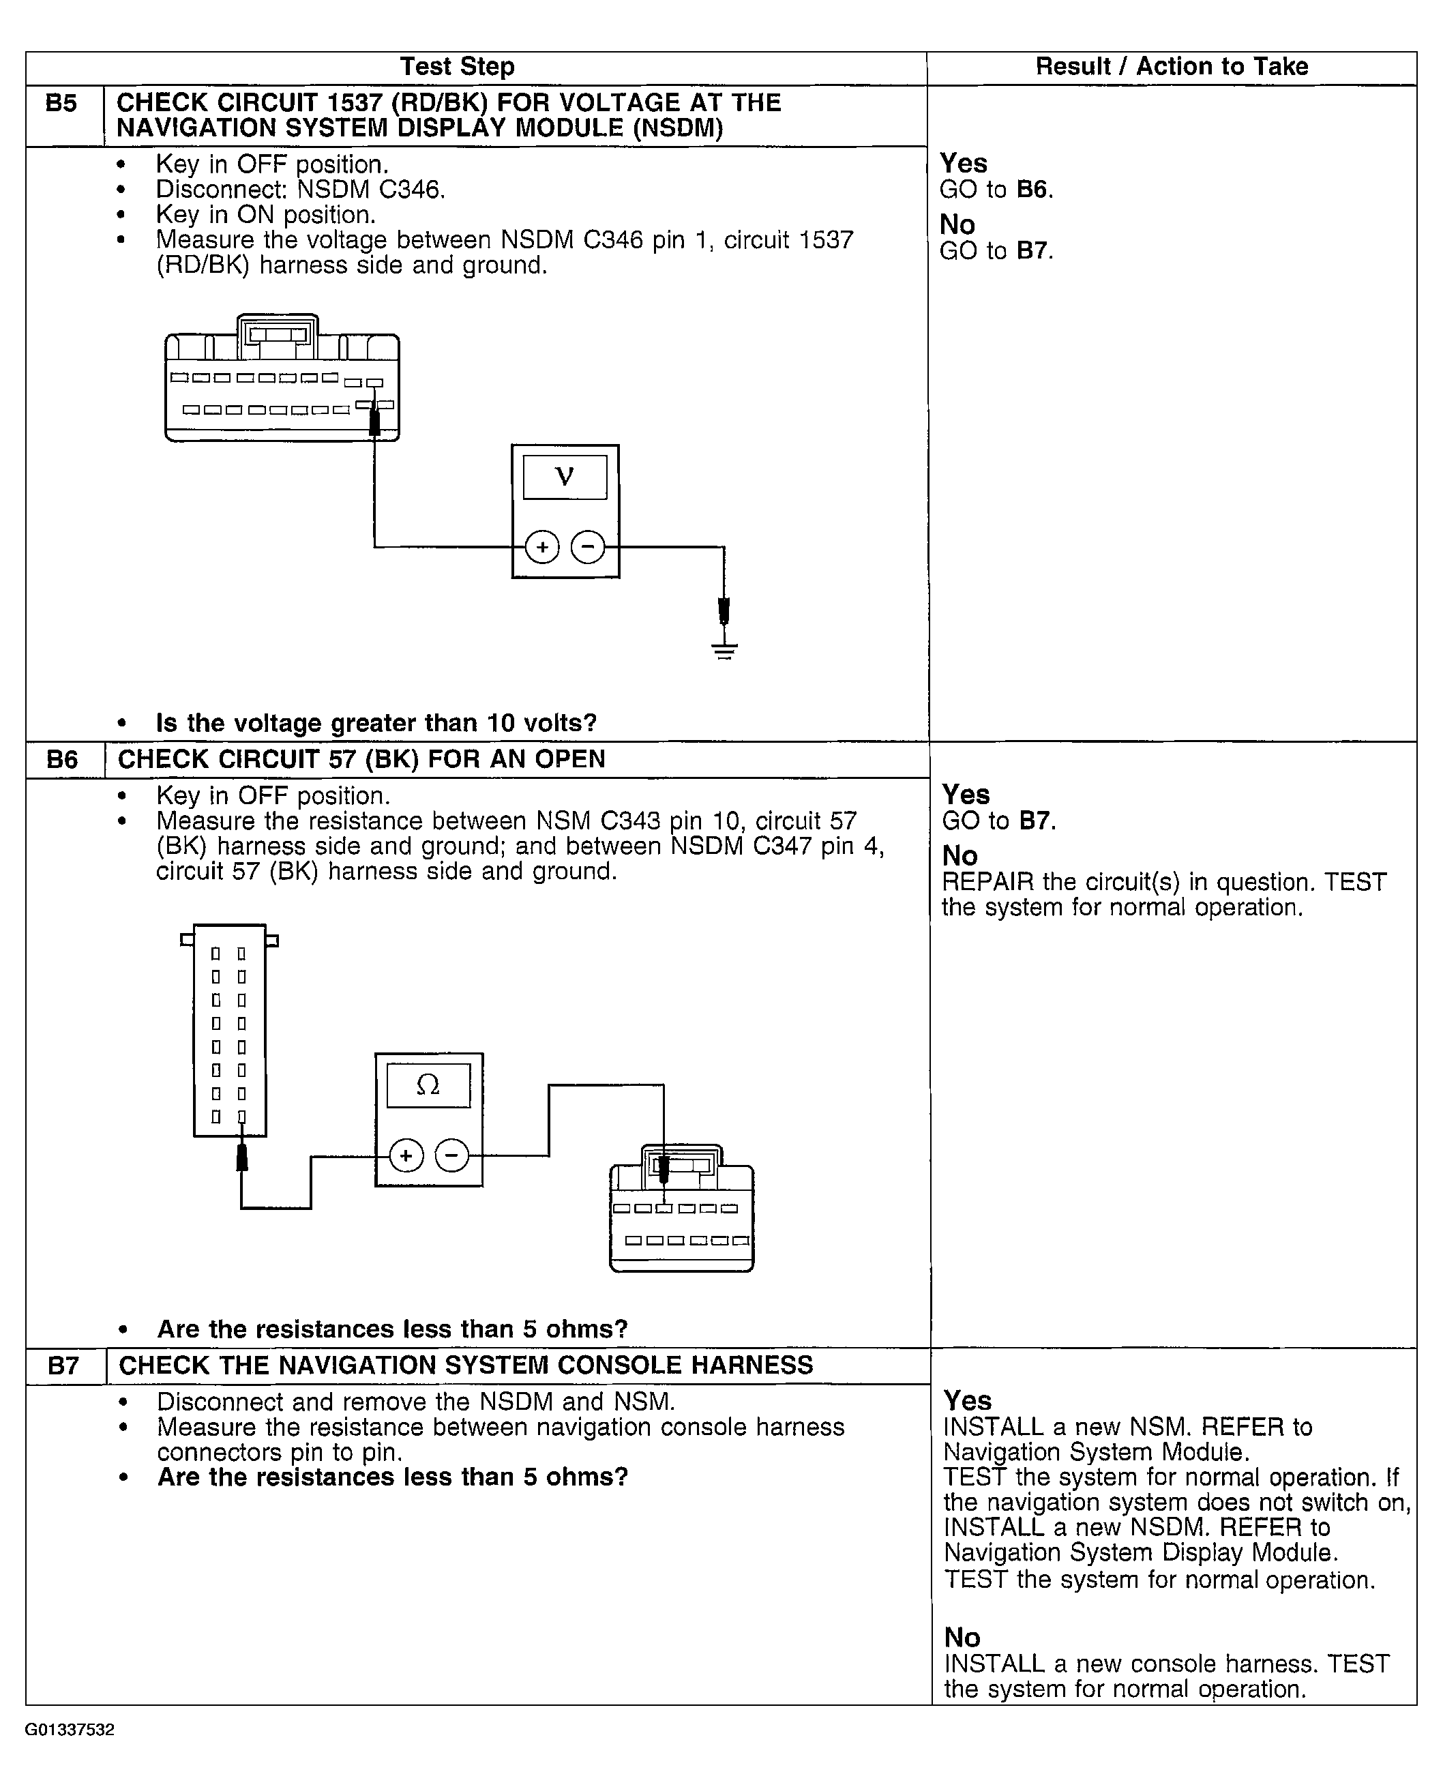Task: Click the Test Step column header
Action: click(x=457, y=66)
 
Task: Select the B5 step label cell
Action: click(x=61, y=104)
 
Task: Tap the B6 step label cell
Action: click(x=62, y=760)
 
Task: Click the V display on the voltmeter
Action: click(x=565, y=476)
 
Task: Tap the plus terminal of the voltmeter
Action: click(x=543, y=547)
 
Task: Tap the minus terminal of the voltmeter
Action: click(x=588, y=547)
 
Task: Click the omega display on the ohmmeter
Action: click(x=428, y=1084)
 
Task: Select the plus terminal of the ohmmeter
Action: click(x=406, y=1155)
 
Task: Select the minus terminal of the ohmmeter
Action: click(x=451, y=1155)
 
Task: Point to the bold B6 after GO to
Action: click(x=1032, y=190)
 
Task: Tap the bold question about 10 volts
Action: click(x=376, y=723)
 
